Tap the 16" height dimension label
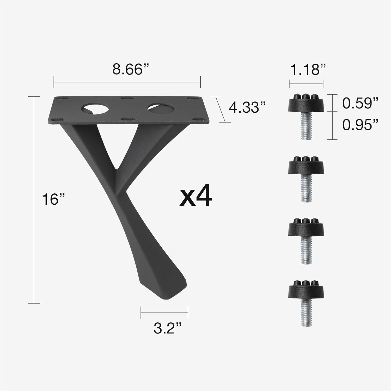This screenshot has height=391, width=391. tap(53, 200)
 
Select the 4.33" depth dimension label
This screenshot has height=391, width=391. tap(247, 107)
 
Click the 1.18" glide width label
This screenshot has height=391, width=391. tap(307, 70)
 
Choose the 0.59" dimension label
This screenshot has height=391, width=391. tap(360, 103)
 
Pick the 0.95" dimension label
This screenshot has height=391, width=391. tap(360, 125)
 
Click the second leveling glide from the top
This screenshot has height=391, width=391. tap(306, 178)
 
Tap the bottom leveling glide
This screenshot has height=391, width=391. tap(306, 302)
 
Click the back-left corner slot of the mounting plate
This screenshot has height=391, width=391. tap(63, 99)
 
